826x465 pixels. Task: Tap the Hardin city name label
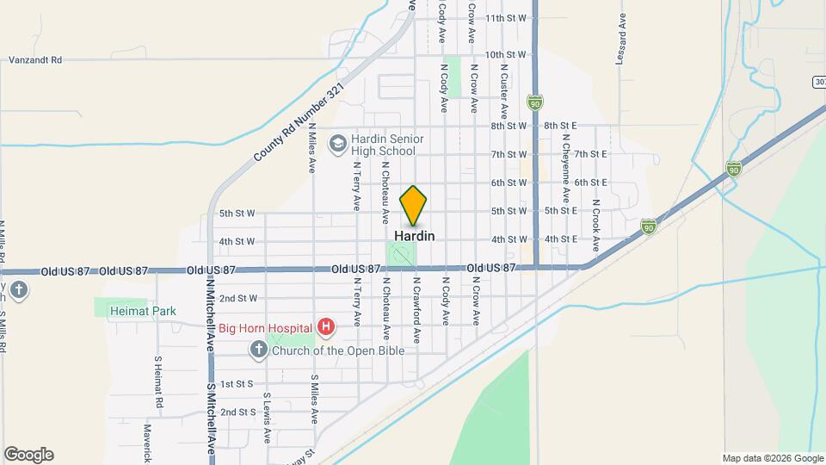(414, 235)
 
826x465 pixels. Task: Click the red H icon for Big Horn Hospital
(326, 326)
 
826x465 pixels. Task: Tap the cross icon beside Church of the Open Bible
(257, 350)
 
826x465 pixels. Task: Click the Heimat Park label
(143, 312)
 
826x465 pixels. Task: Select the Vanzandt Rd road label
(36, 60)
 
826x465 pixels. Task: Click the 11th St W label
(505, 17)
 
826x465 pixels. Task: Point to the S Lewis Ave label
(267, 418)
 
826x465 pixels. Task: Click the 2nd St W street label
(238, 299)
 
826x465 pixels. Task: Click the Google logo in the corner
(28, 455)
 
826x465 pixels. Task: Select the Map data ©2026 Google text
(772, 458)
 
